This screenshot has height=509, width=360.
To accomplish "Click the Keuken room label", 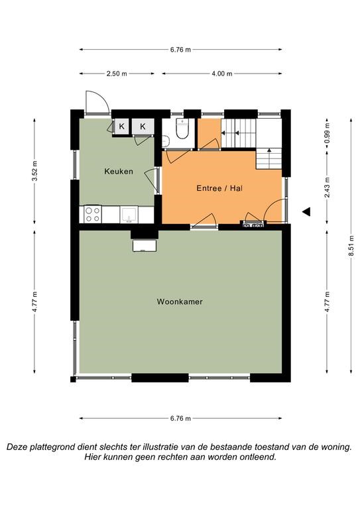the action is (119, 172).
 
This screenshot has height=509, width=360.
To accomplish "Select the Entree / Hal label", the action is (219, 188).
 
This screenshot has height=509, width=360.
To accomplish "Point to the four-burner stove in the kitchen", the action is (93, 214).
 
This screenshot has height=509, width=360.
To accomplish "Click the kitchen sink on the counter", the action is (129, 215).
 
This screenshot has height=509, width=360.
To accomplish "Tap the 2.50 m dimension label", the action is (117, 74).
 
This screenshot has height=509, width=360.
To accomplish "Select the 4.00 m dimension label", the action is (222, 74).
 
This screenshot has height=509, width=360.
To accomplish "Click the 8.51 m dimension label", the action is (351, 246).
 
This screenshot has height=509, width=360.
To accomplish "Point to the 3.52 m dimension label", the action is (34, 171).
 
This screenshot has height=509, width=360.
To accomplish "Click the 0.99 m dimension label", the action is (327, 133).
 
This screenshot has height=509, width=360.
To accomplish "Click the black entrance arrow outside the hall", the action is (306, 211).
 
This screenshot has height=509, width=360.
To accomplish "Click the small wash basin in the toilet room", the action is (166, 141).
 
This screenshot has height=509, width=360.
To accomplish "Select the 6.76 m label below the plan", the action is (180, 418).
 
